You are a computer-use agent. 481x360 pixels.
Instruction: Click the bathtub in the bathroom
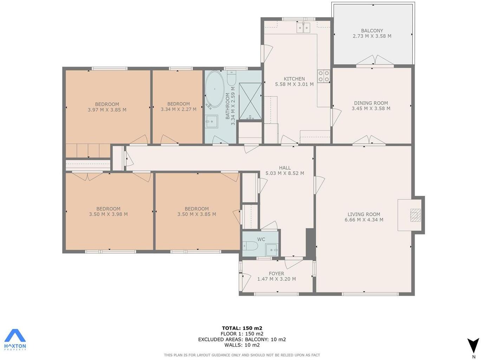pyautogui.click(x=215, y=90)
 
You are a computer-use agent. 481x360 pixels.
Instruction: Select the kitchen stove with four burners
pyautogui.click(x=324, y=76)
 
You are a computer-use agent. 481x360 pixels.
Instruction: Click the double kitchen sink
pyautogui.click(x=303, y=27)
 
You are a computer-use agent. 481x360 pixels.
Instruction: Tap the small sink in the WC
pyautogui.click(x=272, y=250)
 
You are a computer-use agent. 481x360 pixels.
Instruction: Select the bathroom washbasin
pyautogui.click(x=212, y=122)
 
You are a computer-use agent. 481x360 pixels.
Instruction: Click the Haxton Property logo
pyautogui.click(x=15, y=340)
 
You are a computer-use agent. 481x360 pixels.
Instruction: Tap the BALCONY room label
pyautogui.click(x=372, y=31)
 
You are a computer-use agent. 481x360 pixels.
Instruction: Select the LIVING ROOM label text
pyautogui.click(x=364, y=214)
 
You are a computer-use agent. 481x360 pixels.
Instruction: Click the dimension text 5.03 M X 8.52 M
pyautogui.click(x=285, y=173)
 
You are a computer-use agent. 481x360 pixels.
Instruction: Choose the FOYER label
pyautogui.click(x=277, y=274)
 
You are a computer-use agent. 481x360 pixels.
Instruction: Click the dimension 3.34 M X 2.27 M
pyautogui.click(x=178, y=109)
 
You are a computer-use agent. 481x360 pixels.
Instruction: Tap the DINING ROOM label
pyautogui.click(x=371, y=103)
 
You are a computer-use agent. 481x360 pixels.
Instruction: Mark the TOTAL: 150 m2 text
pyautogui.click(x=242, y=328)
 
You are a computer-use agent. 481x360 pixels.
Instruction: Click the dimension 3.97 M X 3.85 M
pyautogui.click(x=107, y=110)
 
